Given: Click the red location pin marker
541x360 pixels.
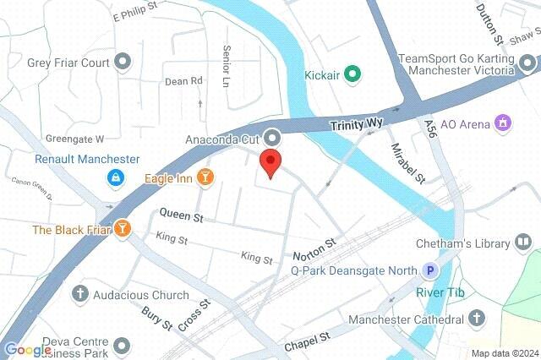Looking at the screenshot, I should coord(270,161).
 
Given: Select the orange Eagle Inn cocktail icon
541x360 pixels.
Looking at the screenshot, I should coord(205,176).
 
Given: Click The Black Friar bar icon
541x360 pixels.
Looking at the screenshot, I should coord(124,229).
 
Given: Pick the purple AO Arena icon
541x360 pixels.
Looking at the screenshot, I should coord(504,124).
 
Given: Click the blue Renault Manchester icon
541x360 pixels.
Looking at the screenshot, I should coord(113,177).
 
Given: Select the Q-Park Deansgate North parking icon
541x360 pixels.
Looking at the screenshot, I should coord(431,270).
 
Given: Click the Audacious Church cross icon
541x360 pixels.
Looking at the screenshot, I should coord(80,295).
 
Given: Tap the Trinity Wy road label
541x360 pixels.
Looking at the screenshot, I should coord(356,124).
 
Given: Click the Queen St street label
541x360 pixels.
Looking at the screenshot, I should coord(182,217).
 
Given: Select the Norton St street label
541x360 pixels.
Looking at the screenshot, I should coord(314,248).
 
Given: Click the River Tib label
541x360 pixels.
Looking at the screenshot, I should coord(434,292).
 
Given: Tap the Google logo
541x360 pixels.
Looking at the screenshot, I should coord(27,350).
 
